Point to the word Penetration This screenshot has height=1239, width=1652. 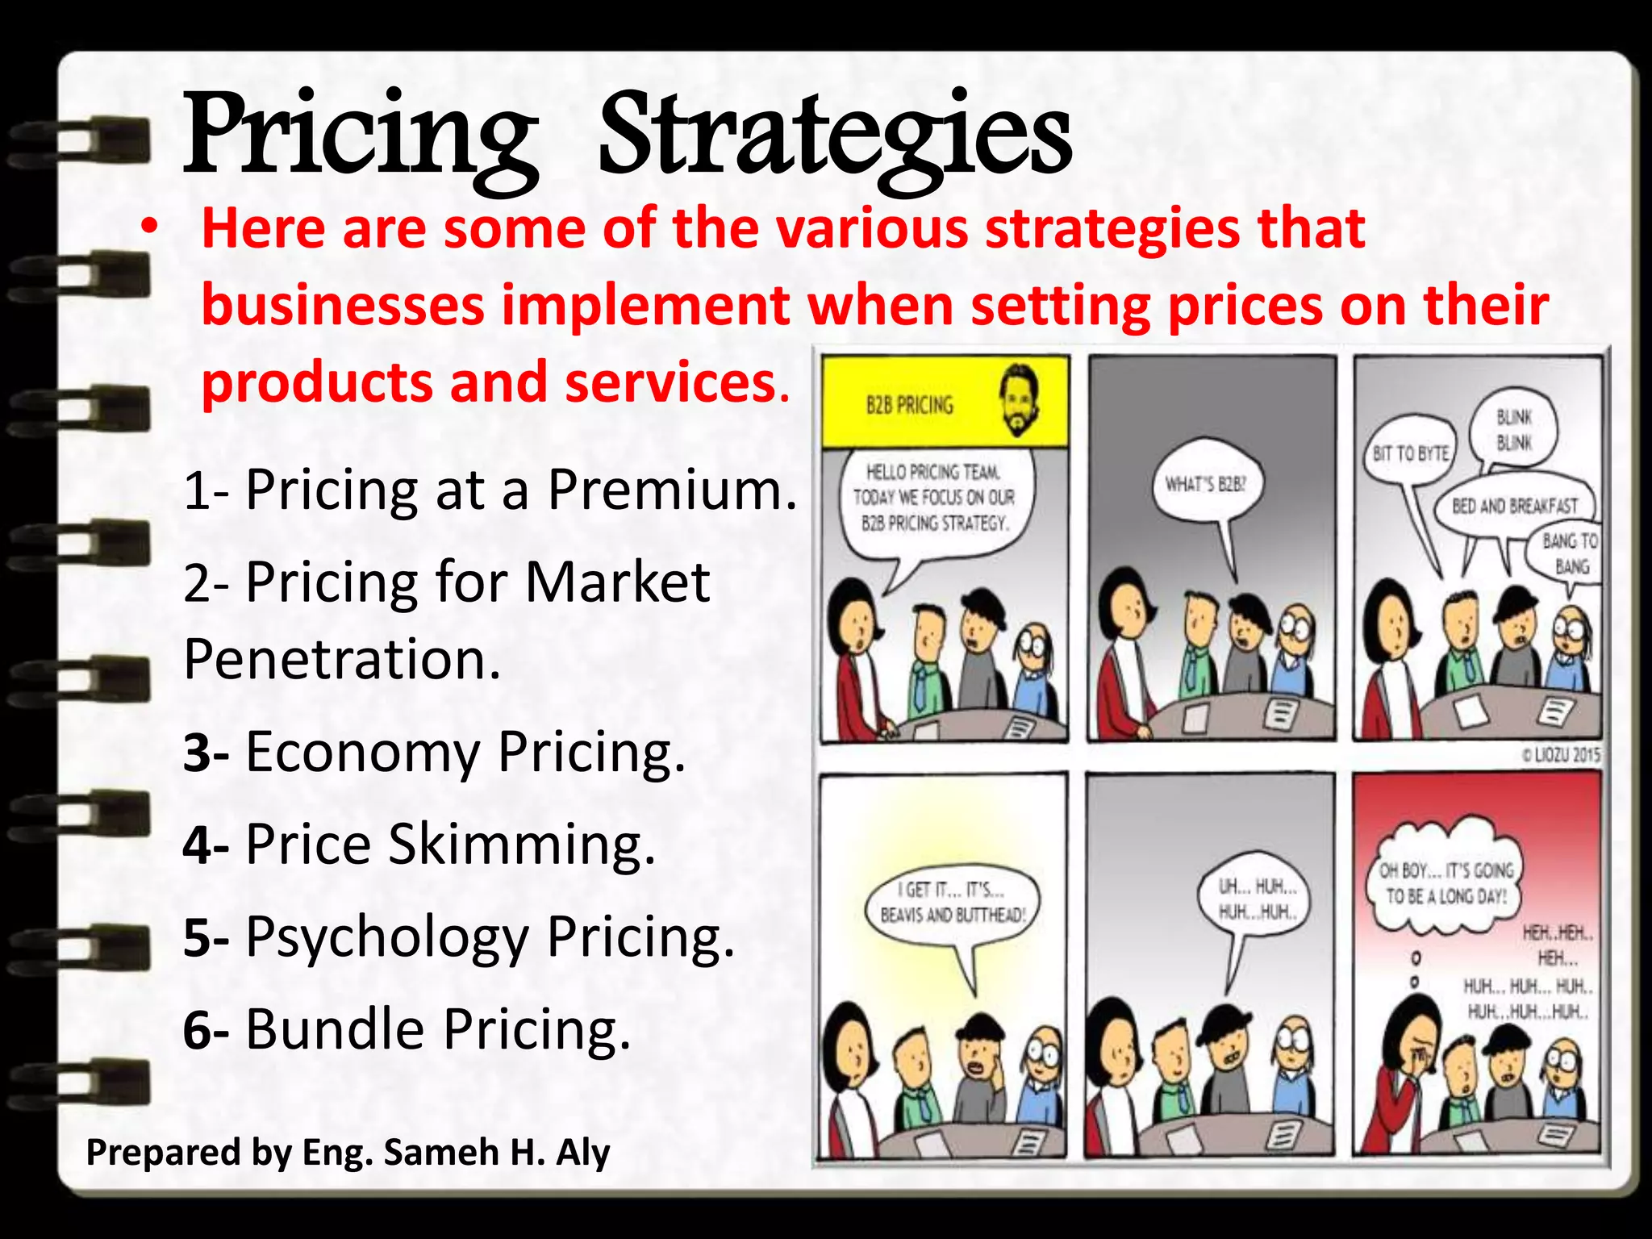click(x=342, y=659)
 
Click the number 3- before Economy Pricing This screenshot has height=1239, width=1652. click(x=206, y=752)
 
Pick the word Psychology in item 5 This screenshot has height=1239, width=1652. click(x=387, y=937)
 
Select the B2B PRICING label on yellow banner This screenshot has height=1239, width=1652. click(x=909, y=405)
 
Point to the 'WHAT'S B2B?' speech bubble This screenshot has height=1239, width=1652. click(x=1206, y=484)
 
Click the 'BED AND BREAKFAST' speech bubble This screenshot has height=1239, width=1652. click(x=1514, y=507)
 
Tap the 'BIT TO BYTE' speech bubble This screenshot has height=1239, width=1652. click(x=1411, y=454)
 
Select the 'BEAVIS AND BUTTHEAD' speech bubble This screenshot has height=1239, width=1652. click(x=953, y=903)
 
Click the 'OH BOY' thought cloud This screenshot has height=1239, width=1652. click(x=1445, y=883)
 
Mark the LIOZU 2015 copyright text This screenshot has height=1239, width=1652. click(x=1560, y=755)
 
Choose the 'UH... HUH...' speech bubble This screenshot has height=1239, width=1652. click(x=1257, y=899)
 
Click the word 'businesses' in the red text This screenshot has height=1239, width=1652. click(x=343, y=306)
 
